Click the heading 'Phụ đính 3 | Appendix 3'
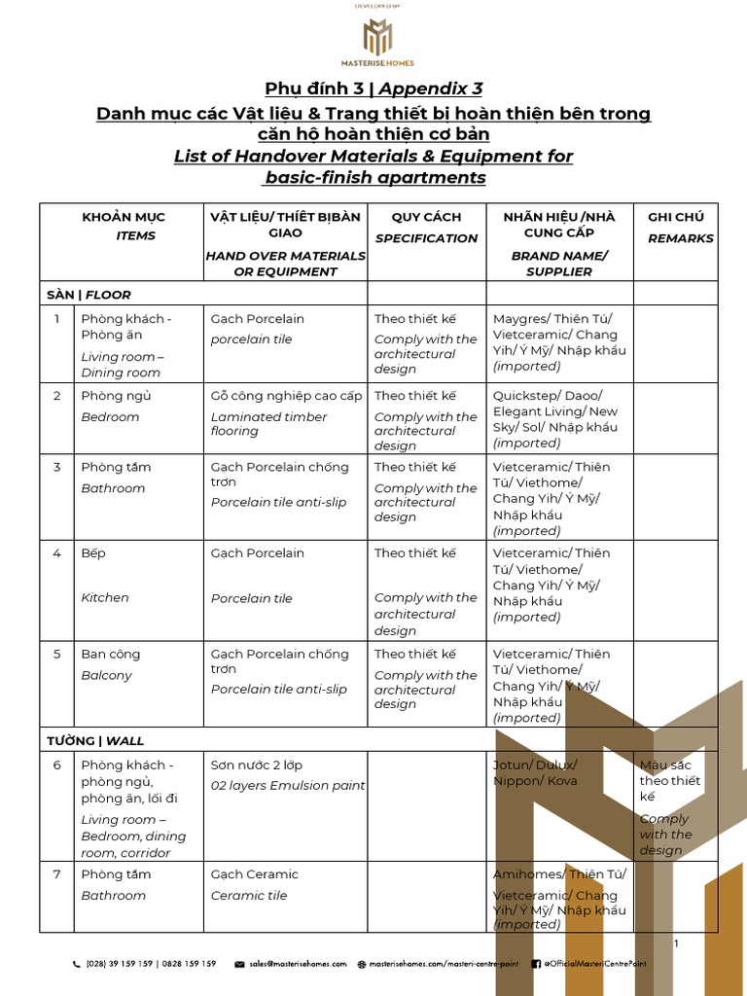pyautogui.click(x=373, y=89)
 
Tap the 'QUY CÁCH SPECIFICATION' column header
pyautogui.click(x=426, y=227)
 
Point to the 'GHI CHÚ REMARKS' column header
pyautogui.click(x=680, y=227)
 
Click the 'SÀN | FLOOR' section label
pyautogui.click(x=89, y=295)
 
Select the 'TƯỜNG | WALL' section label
pyautogui.click(x=95, y=740)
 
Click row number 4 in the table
pyautogui.click(x=57, y=553)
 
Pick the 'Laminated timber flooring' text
pyautogui.click(x=268, y=424)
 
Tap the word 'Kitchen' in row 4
pyautogui.click(x=105, y=597)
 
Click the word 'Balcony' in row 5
pyautogui.click(x=106, y=675)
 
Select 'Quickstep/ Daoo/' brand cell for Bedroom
pyautogui.click(x=547, y=396)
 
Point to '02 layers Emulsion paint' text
pyautogui.click(x=288, y=786)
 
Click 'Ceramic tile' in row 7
pyautogui.click(x=249, y=895)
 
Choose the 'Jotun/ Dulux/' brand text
pyautogui.click(x=534, y=765)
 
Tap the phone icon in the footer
pyautogui.click(x=77, y=964)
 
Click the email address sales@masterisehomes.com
pyautogui.click(x=297, y=964)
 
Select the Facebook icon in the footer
pyautogui.click(x=536, y=964)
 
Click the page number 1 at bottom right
pyautogui.click(x=676, y=943)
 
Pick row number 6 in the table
pyautogui.click(x=57, y=765)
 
